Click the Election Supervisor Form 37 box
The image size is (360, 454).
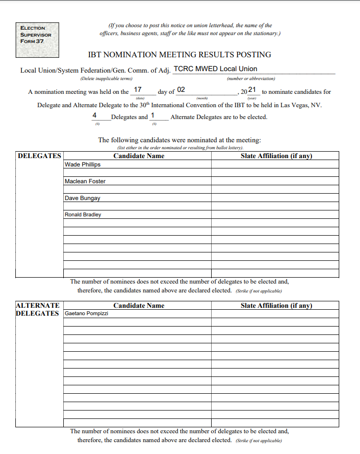37,35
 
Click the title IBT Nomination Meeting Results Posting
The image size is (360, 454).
180,55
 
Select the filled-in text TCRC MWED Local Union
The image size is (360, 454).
215,69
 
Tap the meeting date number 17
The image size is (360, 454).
138,90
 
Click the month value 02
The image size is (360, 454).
181,90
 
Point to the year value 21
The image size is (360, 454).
252,90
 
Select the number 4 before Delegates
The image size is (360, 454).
94,115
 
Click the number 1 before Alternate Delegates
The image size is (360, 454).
152,115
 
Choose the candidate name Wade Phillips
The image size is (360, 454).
83,165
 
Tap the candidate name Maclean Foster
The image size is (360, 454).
85,181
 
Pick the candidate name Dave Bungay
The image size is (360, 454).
83,198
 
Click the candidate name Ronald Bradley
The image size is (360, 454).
83,215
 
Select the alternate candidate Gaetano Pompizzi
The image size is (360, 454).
87,314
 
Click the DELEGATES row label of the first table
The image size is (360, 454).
40,156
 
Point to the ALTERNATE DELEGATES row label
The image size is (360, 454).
38,310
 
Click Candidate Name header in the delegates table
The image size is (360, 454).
139,156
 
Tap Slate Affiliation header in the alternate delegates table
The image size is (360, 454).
276,306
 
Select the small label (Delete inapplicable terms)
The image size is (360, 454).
106,79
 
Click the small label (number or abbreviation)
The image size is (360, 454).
251,79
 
